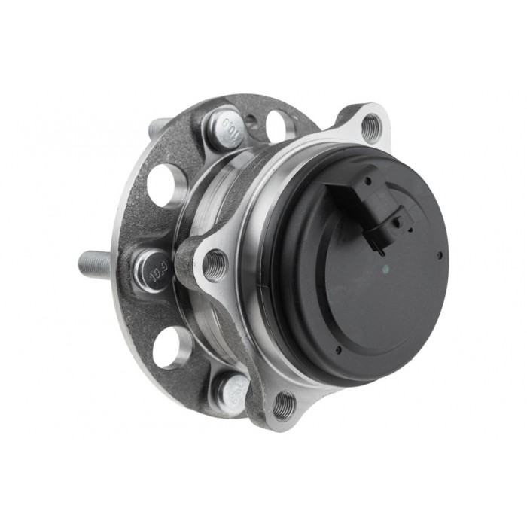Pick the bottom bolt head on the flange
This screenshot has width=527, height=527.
pyautogui.click(x=230, y=391)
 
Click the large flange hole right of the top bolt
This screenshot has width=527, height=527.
pyautogui.click(x=277, y=125)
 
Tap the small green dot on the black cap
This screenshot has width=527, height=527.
pyautogui.click(x=384, y=267)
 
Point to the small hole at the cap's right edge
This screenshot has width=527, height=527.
pyautogui.click(x=440, y=255)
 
